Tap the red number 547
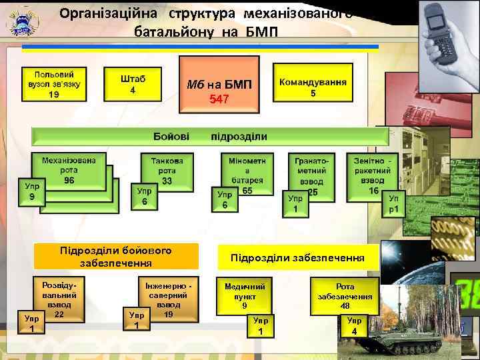219,99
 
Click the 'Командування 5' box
313,86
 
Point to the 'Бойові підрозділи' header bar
210,137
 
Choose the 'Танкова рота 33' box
167,170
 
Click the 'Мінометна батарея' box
247,172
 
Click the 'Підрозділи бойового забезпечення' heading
116,257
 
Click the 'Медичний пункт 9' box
245,294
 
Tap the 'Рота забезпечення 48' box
345,294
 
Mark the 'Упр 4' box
355,326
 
